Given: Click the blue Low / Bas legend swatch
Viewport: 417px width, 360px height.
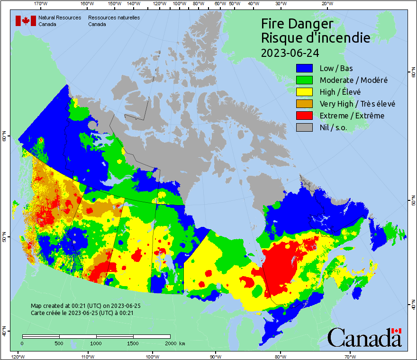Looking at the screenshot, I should coord(305,68).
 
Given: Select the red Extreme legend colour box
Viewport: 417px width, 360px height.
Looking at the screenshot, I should coord(305,116).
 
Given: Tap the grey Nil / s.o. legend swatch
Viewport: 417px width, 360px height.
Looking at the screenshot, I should coord(305,127).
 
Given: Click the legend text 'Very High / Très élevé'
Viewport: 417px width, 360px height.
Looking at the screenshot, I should coord(357,104).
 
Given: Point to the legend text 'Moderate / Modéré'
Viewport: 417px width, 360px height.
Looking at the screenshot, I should coord(354,80).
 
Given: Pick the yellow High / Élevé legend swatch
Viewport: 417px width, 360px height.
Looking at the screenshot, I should coord(305,92).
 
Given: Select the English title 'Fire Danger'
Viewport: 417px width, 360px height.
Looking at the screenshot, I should coord(297,24).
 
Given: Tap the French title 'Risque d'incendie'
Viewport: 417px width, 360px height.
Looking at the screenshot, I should coord(316,38).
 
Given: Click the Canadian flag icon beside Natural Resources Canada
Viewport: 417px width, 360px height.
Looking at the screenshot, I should coord(26,21).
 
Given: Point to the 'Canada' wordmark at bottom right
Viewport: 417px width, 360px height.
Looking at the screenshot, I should coord(364,337).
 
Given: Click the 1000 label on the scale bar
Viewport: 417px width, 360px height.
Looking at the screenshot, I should coord(96,343).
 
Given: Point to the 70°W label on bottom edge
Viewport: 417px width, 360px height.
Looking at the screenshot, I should coord(350,356).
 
